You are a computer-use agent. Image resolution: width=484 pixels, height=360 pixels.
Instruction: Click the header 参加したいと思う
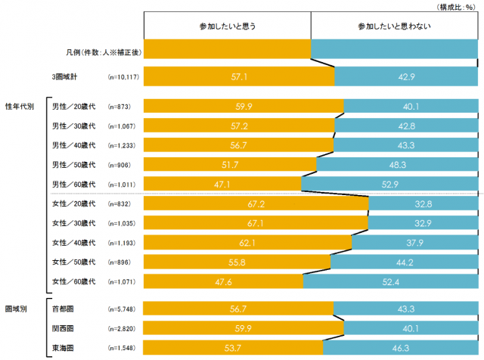227,26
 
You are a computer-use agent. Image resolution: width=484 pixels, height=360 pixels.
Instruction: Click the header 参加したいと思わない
393,26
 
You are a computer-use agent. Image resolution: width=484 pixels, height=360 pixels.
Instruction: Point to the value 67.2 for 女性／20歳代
257,204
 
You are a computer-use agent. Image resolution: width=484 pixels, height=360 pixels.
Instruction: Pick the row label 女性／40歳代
73,243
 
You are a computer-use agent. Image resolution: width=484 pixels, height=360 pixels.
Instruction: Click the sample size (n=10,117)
122,77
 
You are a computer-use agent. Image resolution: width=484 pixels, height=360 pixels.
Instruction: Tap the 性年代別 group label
20,107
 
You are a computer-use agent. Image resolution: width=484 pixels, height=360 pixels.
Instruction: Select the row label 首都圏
61,309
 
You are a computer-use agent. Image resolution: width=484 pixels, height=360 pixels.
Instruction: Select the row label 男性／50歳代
73,165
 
